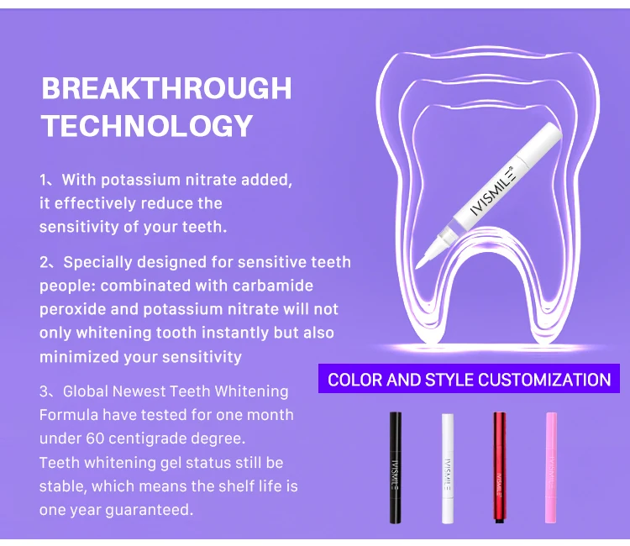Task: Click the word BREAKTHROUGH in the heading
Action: pos(166,88)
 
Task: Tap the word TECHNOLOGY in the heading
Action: pos(147,126)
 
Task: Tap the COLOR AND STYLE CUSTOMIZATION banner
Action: pos(469,379)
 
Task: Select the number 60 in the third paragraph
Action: pos(96,438)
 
